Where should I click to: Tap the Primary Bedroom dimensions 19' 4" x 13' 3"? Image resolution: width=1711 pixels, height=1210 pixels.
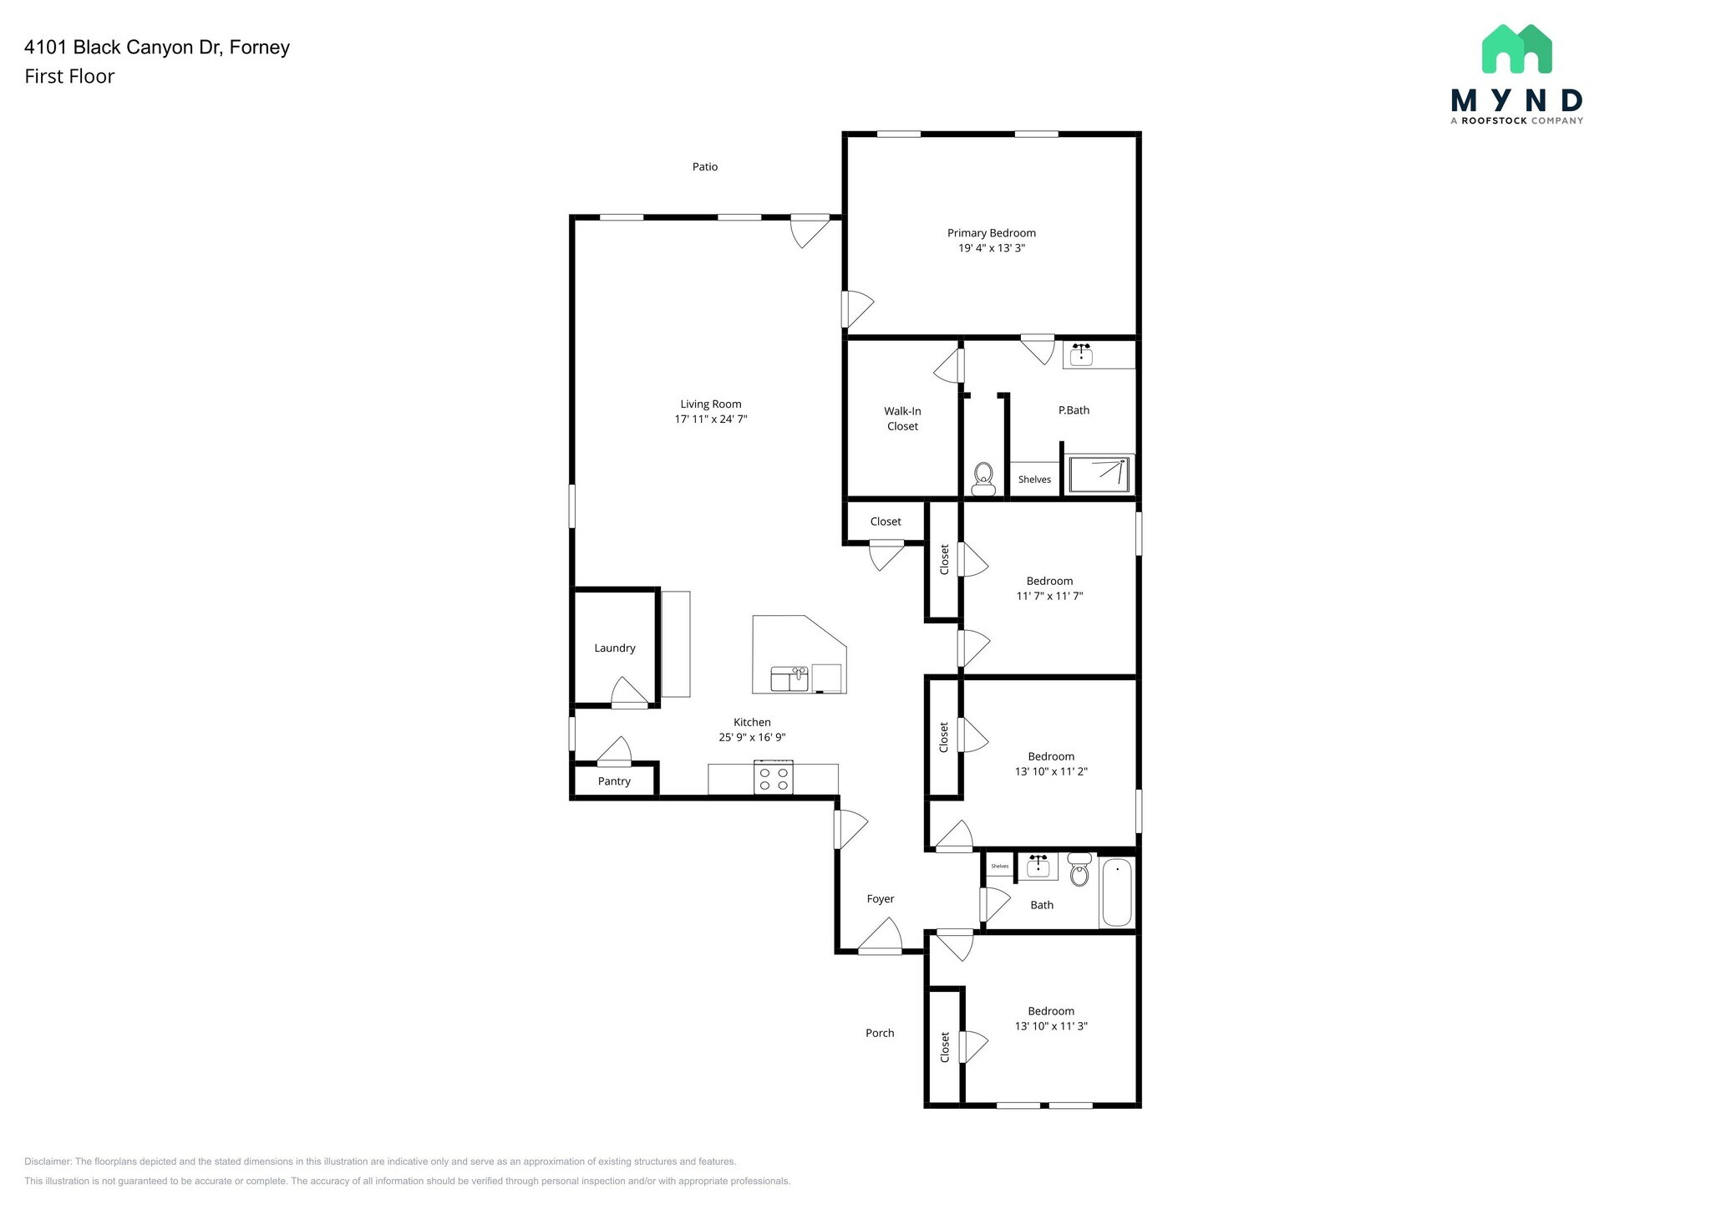click(x=991, y=248)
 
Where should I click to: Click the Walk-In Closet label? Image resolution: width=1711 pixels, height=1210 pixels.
click(x=902, y=419)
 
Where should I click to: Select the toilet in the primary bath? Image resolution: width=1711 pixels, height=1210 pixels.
click(x=983, y=479)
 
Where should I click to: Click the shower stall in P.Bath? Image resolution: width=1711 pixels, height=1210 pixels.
click(x=1100, y=474)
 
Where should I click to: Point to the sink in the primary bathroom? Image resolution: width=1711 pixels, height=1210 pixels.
click(x=1081, y=353)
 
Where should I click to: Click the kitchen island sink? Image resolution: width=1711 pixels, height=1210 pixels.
click(x=789, y=678)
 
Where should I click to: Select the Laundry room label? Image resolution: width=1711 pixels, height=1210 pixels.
click(x=615, y=648)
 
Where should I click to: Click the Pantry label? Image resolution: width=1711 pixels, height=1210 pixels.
click(x=614, y=781)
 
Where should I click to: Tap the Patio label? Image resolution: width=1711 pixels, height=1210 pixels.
click(x=704, y=166)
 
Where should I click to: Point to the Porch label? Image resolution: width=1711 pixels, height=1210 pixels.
click(x=880, y=1033)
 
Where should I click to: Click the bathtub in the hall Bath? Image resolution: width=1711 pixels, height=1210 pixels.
click(x=1117, y=892)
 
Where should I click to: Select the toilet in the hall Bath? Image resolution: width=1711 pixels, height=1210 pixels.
click(x=1079, y=871)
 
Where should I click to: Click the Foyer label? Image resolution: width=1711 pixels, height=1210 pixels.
click(x=881, y=899)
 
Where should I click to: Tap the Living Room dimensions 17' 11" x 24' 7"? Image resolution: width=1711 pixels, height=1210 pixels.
click(x=711, y=419)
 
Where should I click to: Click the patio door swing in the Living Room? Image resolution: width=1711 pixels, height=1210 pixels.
click(x=808, y=231)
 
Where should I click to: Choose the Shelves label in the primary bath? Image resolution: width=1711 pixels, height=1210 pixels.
click(x=1034, y=480)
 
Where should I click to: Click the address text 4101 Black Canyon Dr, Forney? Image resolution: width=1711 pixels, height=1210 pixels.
click(x=157, y=47)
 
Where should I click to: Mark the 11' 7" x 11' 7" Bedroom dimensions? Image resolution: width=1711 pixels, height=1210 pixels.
click(x=1049, y=596)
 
